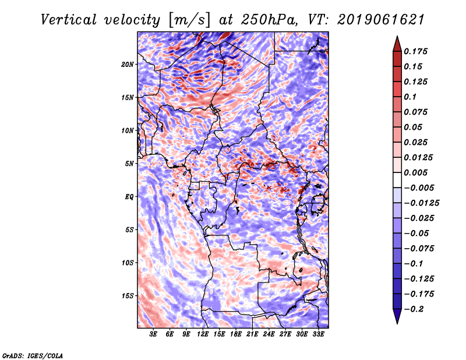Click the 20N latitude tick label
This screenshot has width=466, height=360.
[128, 65]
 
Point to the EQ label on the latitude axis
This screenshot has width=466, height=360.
[129, 197]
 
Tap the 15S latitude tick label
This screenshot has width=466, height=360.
[128, 296]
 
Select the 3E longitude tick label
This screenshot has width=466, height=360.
[153, 334]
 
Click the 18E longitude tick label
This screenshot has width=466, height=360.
[236, 334]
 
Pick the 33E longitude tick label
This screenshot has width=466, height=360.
[318, 334]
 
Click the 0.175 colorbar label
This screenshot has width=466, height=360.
[415, 51]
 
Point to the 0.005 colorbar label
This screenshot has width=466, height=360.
[415, 172]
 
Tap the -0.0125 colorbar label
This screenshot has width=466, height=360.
[421, 203]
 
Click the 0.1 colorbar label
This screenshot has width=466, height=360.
[410, 97]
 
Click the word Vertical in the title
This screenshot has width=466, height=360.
[69, 20]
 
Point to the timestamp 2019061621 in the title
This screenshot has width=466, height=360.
[380, 20]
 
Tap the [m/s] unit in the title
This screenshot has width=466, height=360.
[189, 20]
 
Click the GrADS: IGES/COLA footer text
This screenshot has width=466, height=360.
[33, 356]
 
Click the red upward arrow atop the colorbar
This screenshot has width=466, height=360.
[397, 44]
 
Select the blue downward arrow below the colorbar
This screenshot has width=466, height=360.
[397, 316]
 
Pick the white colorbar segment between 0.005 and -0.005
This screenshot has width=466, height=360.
[397, 180]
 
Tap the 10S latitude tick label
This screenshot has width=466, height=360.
[128, 263]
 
